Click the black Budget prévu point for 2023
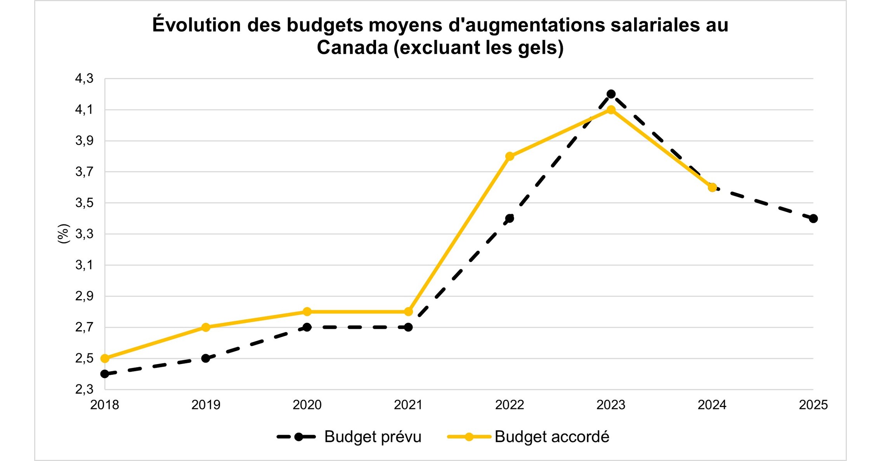[x=611, y=94]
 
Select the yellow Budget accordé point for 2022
[x=510, y=156]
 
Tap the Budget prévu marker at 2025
[x=813, y=218]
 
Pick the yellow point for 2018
[x=105, y=358]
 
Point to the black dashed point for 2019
[x=206, y=358]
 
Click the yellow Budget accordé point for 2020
[x=307, y=312]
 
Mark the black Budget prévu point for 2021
[x=408, y=327]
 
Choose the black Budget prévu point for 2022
[x=510, y=218]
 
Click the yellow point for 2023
[x=611, y=110]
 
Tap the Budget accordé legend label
[x=551, y=437]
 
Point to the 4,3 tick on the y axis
[x=84, y=79]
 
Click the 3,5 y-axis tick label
[x=84, y=203]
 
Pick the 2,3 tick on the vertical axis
[x=84, y=389]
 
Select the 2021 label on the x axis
[x=408, y=405]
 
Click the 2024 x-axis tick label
[x=712, y=405]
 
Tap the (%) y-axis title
[x=63, y=234]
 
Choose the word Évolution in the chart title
[x=196, y=25]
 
